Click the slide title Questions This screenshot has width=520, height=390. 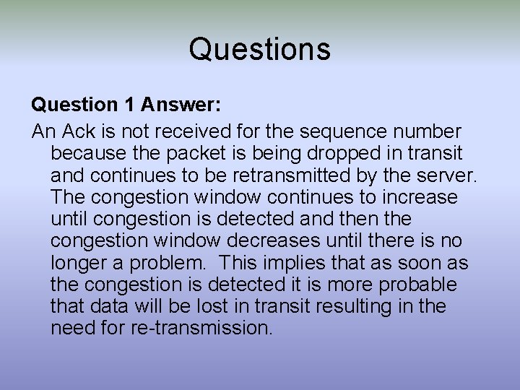260,49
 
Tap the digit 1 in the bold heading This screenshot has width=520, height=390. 129,105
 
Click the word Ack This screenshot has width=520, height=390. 81,132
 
